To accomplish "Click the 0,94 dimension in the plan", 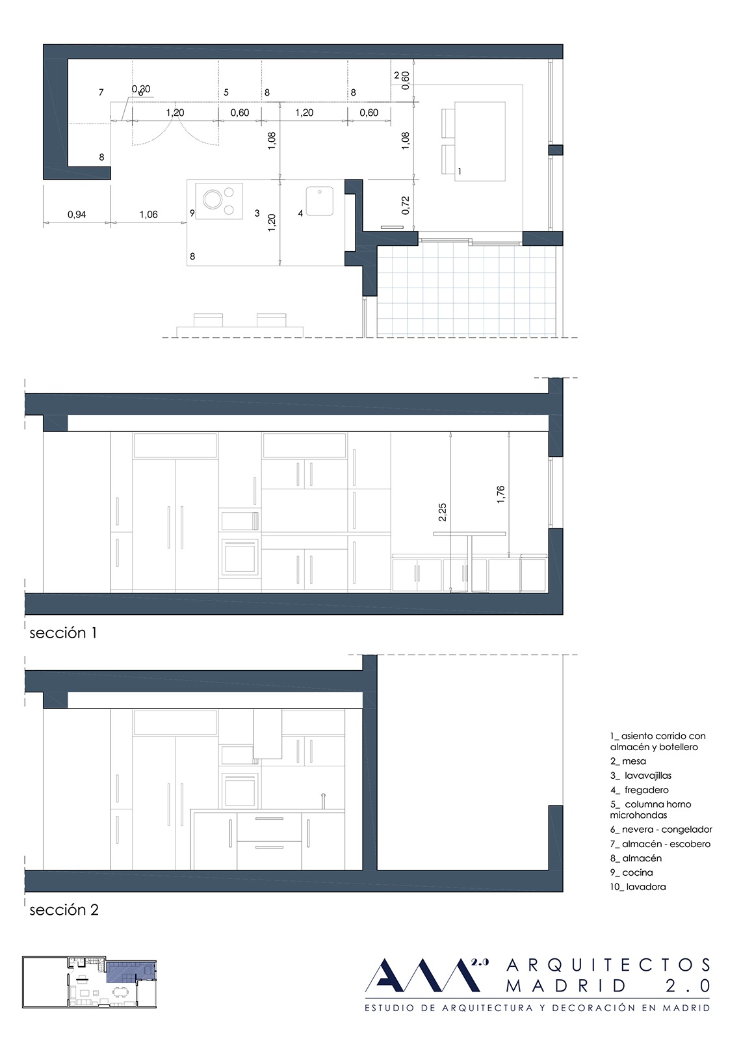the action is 77,215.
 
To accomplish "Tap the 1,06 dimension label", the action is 149,215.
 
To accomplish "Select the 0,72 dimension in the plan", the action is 406,205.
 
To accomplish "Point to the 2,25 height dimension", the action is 443,513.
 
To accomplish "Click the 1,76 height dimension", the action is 500,494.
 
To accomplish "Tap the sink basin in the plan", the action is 319,201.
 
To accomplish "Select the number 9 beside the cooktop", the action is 192,213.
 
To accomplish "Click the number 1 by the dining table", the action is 460,172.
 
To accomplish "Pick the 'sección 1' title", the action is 63,633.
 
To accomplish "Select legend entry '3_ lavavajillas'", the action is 641,775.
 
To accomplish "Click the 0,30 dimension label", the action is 140,88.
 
